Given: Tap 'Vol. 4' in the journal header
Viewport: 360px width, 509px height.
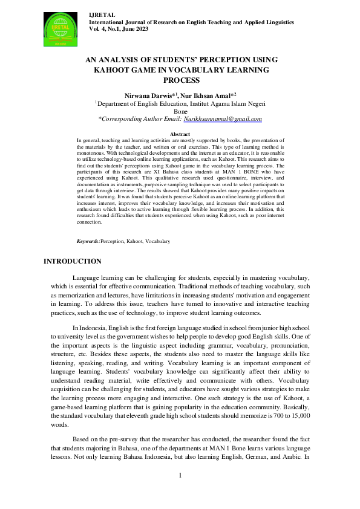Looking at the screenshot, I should coord(97,28).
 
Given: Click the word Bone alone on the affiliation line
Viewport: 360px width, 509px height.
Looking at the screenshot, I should coord(180,111).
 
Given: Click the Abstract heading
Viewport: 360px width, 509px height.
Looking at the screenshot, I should coord(180,134).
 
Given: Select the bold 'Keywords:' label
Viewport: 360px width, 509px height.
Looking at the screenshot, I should coord(88,241).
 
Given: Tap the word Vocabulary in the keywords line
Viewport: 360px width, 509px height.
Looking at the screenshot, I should coord(158,241).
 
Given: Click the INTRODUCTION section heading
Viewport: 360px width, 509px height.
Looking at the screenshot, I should coord(73,261).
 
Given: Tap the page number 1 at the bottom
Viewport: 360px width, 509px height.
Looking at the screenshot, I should coord(180,475).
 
